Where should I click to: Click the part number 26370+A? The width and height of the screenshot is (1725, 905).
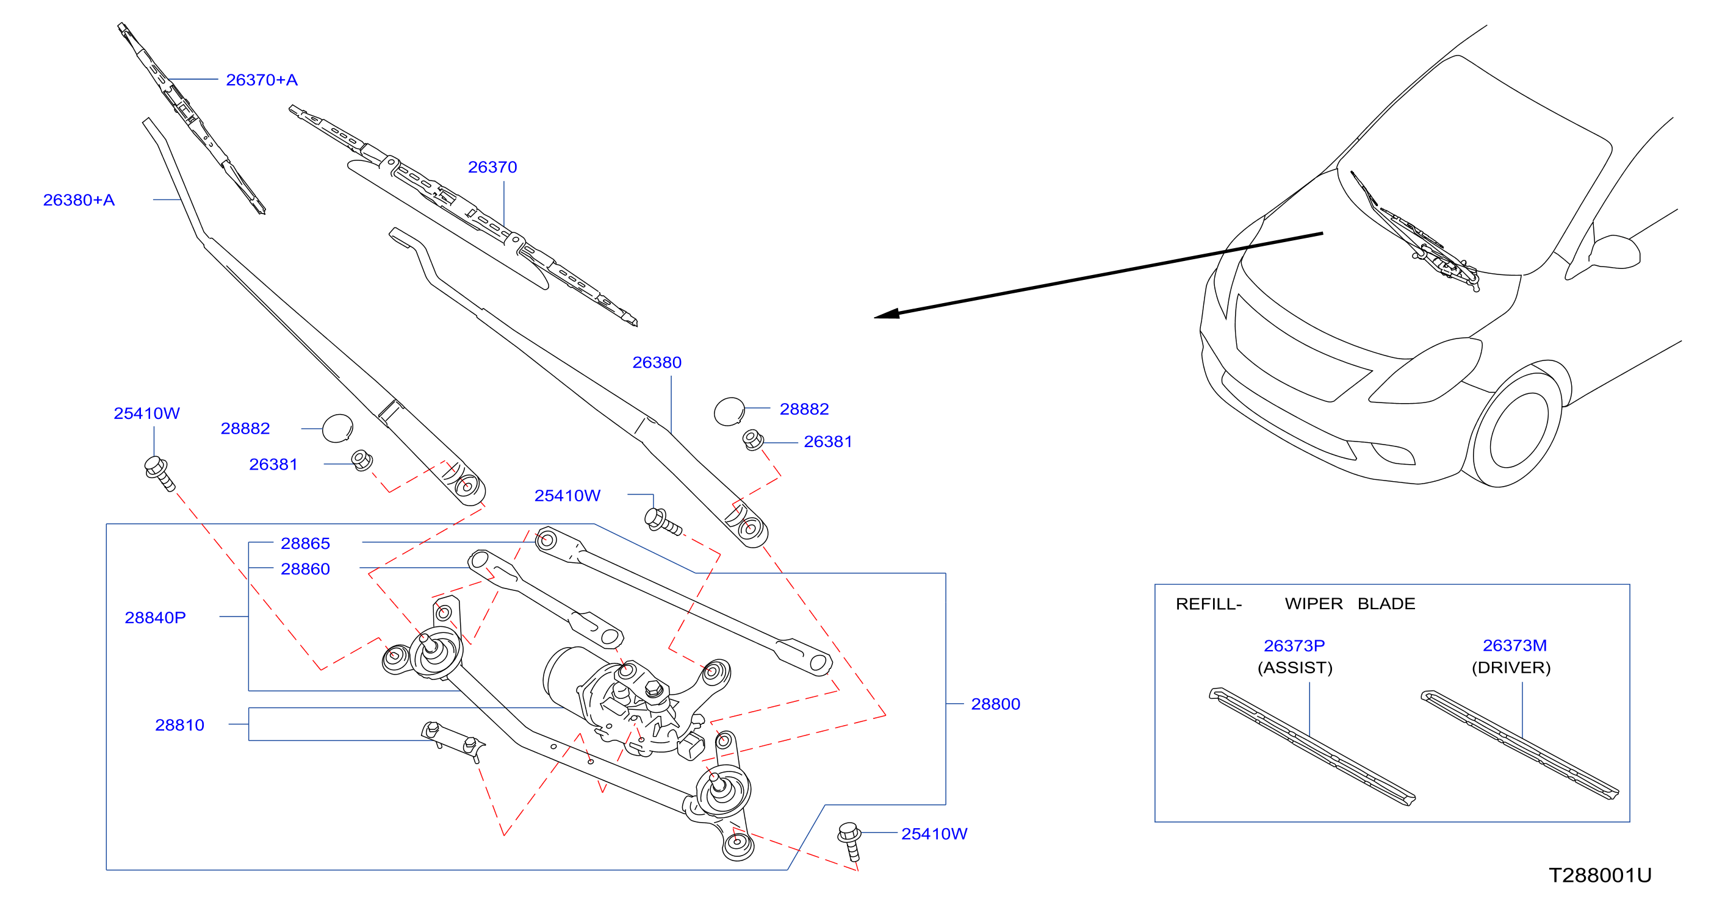pos(261,80)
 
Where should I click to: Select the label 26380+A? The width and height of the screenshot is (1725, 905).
pos(78,199)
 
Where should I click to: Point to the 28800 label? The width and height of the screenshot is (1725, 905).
pos(995,704)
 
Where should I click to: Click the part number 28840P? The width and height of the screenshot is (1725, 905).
pos(155,617)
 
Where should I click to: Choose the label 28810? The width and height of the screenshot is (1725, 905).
pos(179,724)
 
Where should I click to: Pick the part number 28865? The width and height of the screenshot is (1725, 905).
pos(304,543)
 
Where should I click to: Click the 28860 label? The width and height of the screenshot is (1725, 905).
pos(304,568)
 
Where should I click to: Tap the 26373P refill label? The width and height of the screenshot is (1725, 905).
pos(1294,645)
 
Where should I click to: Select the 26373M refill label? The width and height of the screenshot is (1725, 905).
pos(1514,645)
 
